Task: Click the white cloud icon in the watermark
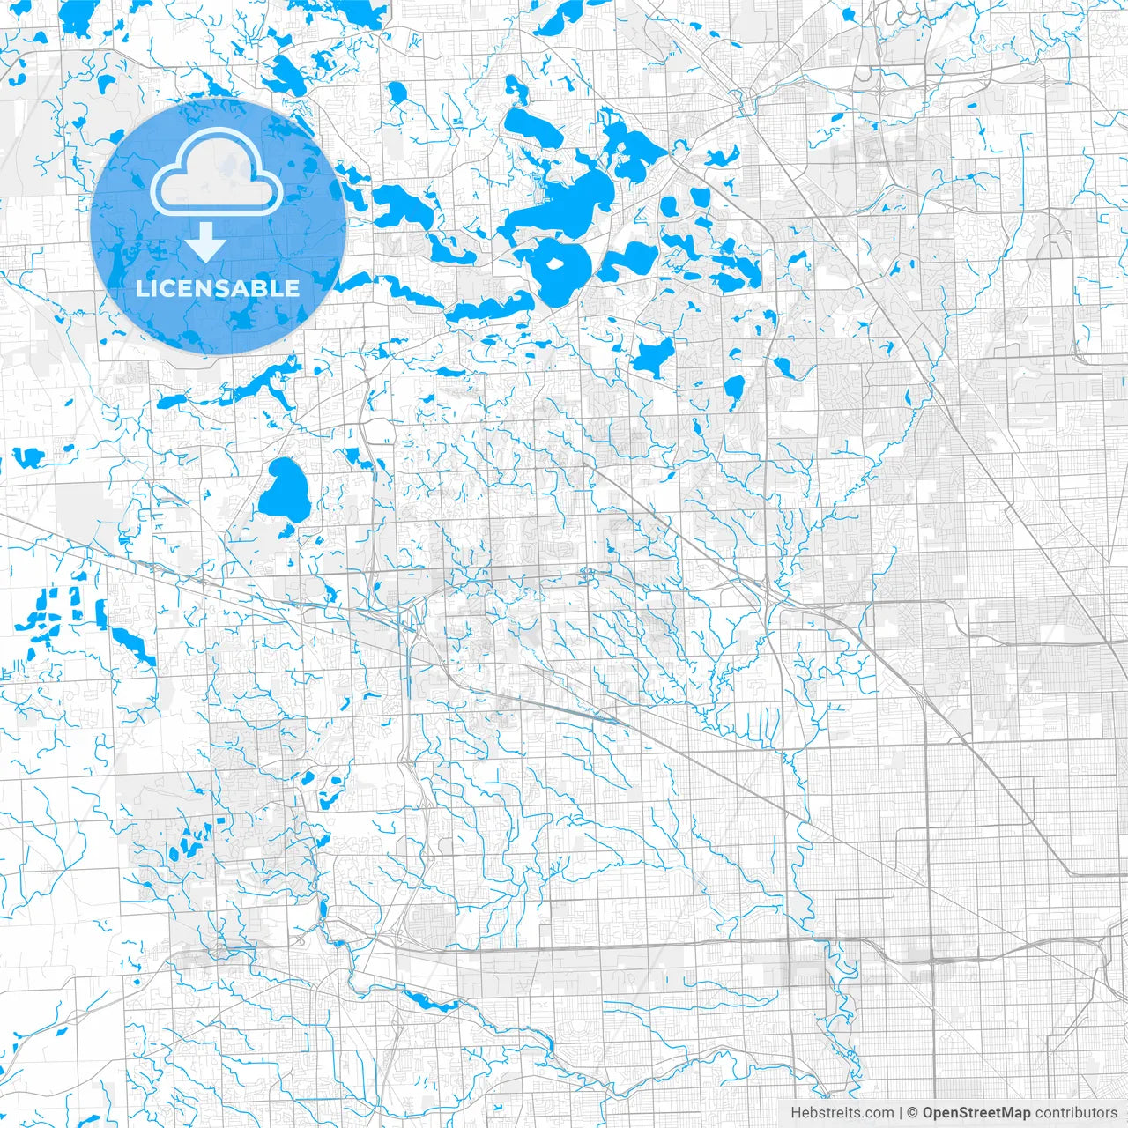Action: [x=217, y=173]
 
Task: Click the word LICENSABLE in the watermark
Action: [x=218, y=288]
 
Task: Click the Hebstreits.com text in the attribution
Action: [x=842, y=1113]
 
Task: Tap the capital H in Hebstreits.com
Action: [x=796, y=1113]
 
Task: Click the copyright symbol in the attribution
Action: [x=913, y=1113]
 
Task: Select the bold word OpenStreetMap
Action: [x=976, y=1113]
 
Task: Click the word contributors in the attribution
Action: [x=1076, y=1113]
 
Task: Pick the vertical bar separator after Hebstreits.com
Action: [x=901, y=1113]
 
